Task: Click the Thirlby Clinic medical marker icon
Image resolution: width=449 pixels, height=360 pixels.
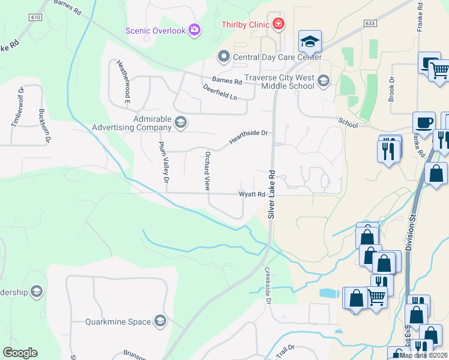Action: click(x=278, y=24)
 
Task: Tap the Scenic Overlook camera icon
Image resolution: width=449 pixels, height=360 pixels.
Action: click(x=194, y=30)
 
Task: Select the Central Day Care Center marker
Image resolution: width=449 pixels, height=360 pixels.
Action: click(x=224, y=57)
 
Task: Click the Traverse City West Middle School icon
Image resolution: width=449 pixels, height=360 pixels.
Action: click(x=324, y=81)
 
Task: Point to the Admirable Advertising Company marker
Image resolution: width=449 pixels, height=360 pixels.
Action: click(x=180, y=123)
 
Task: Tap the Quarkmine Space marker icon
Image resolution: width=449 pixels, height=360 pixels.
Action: click(x=160, y=322)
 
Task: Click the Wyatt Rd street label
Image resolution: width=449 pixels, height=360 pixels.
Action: click(x=252, y=194)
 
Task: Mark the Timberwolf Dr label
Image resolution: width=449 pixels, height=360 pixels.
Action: click(x=16, y=108)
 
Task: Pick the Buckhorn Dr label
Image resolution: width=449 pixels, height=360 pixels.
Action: click(x=44, y=123)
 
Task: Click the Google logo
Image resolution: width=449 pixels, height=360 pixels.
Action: click(x=20, y=353)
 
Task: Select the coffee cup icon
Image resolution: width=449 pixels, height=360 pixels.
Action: click(x=424, y=123)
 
